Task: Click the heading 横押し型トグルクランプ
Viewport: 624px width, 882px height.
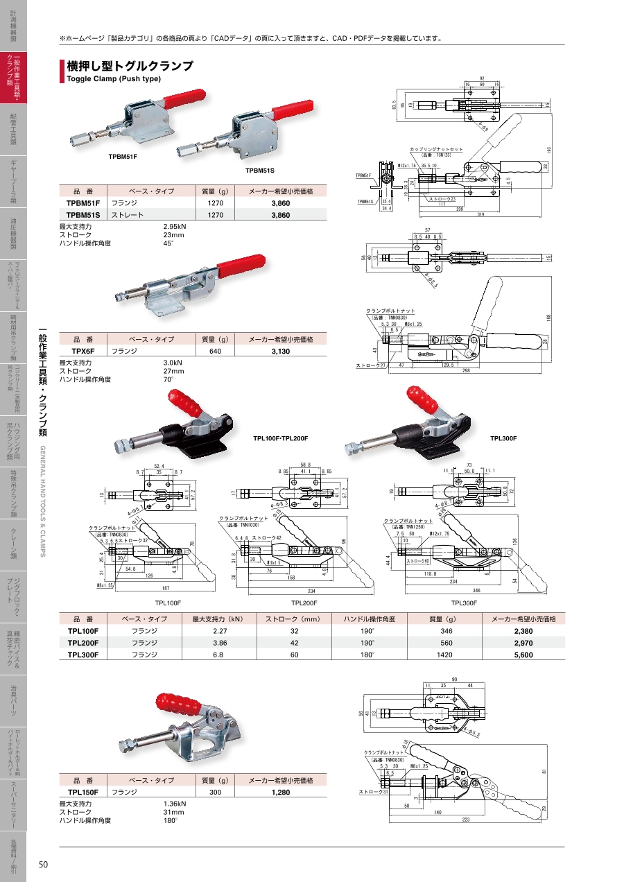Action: (x=130, y=66)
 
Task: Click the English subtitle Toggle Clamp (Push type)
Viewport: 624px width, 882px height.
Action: (x=113, y=79)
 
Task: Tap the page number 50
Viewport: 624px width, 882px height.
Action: (x=43, y=864)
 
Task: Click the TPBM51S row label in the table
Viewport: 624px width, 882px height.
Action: (x=83, y=216)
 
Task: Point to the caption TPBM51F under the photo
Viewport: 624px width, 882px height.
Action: (x=123, y=157)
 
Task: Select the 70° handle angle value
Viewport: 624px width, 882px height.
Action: (x=167, y=380)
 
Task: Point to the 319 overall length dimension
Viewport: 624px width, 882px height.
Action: (x=481, y=214)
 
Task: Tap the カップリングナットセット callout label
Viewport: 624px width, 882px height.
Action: (x=436, y=149)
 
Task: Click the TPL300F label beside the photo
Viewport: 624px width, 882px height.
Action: (x=504, y=438)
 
